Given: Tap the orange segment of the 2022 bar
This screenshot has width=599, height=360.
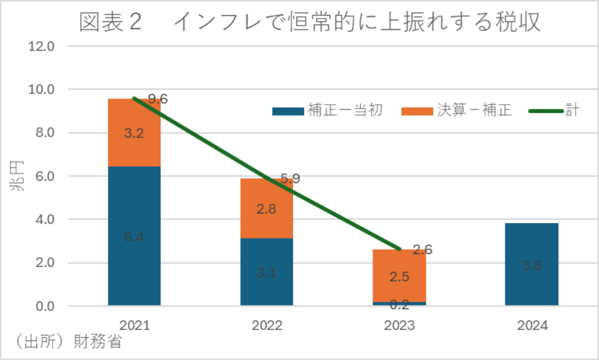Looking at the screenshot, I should (x=267, y=208).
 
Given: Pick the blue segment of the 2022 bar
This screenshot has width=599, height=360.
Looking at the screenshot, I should (x=267, y=272).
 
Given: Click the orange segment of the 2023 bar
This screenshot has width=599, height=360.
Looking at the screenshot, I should (x=399, y=276).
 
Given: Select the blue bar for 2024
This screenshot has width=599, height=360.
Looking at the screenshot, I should (x=531, y=264).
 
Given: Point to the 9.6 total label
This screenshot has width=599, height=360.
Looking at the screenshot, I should (x=157, y=99).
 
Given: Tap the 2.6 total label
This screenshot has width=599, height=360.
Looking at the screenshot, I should (x=422, y=250).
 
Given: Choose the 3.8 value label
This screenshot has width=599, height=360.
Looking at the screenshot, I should (x=531, y=266).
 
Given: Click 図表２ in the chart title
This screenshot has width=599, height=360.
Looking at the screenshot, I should (x=111, y=22).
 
